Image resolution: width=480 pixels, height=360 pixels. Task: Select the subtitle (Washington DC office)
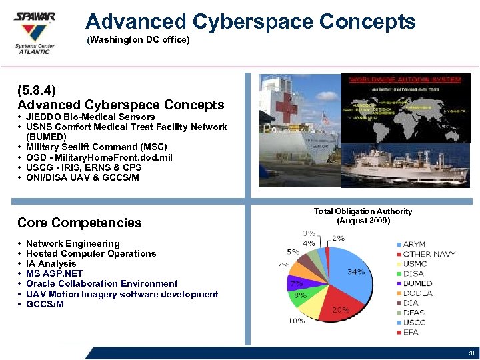(139, 41)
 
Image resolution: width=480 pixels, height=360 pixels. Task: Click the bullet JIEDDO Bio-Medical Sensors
(90, 117)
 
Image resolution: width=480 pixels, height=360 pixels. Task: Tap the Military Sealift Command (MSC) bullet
(96, 147)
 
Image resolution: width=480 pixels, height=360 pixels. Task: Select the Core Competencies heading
(79, 223)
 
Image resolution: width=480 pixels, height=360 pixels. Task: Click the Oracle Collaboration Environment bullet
(101, 283)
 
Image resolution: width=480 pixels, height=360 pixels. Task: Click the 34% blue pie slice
(350, 270)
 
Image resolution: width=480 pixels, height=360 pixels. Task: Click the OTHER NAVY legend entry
(429, 254)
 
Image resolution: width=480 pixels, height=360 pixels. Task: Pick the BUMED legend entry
(417, 283)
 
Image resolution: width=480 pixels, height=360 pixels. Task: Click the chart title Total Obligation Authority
(363, 211)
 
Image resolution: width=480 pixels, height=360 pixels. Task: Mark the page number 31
(471, 353)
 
